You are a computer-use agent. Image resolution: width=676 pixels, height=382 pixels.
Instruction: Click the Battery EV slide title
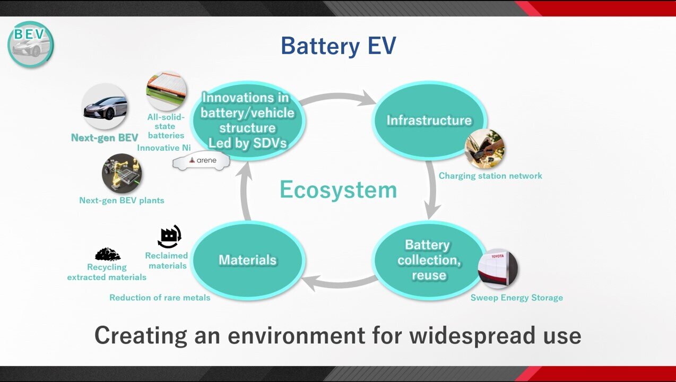[338, 46]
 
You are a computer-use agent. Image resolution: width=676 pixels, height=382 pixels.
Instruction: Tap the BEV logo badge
[31, 44]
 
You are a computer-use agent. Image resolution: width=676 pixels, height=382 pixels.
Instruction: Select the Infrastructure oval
[429, 120]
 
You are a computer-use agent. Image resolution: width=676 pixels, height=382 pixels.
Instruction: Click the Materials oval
[247, 260]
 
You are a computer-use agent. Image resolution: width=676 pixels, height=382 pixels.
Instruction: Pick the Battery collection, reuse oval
[428, 260]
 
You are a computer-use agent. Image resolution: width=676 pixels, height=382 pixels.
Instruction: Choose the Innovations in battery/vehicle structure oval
[247, 120]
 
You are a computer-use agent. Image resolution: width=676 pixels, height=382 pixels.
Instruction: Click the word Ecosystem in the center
[338, 190]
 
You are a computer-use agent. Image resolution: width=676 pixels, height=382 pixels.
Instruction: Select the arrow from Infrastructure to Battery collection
[432, 189]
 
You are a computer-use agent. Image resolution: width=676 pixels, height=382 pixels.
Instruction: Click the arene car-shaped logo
[202, 161]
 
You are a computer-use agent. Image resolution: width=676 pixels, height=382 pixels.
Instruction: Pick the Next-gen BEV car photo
[105, 107]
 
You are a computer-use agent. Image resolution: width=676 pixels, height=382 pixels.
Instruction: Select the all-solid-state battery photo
[166, 91]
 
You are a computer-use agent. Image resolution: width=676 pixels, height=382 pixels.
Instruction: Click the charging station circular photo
[484, 149]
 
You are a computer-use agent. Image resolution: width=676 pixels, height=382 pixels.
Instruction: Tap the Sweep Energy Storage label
[516, 298]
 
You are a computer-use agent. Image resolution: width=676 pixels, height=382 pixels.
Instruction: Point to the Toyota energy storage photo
[498, 268]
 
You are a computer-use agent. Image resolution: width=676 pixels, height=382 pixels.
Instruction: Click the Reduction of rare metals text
[160, 298]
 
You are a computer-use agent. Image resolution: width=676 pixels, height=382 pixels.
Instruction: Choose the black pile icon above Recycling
[107, 254]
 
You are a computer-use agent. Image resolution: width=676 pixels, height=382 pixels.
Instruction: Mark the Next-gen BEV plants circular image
[122, 174]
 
